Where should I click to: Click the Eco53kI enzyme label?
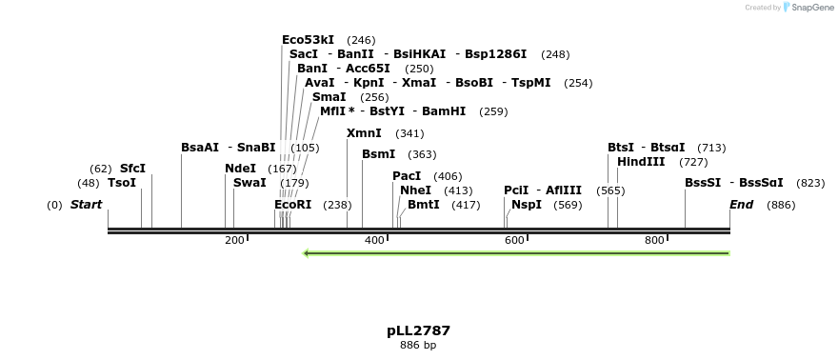tap(308, 40)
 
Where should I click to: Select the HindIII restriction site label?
tap(641, 162)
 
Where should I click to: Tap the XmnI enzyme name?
tap(364, 133)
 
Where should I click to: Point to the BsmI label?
tap(378, 154)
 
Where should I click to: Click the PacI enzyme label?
tap(407, 176)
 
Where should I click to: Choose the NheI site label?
tap(415, 190)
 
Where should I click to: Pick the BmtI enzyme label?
tap(424, 205)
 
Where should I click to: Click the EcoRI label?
tap(292, 205)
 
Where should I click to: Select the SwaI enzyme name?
tap(249, 183)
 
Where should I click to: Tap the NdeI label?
tap(240, 169)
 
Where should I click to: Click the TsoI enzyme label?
tap(122, 183)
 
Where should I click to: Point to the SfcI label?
tap(132, 169)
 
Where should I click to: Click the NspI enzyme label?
tap(527, 205)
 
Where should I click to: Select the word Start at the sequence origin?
tap(86, 205)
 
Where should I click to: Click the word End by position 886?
tap(741, 205)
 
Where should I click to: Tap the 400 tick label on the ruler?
tap(375, 240)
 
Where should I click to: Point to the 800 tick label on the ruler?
tap(654, 240)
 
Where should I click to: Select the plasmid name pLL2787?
tap(418, 331)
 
